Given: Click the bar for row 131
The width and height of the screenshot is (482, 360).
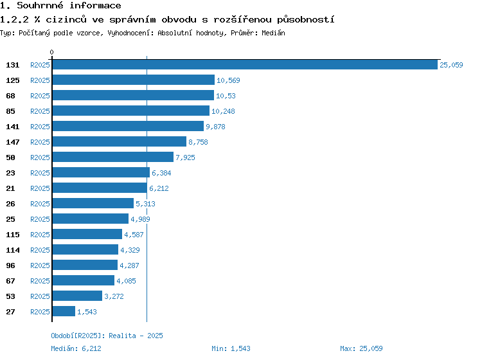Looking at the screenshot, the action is (x=245, y=64).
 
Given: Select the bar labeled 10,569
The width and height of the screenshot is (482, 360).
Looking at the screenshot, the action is (x=134, y=80).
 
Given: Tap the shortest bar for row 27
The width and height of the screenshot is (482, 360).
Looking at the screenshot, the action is (x=64, y=311).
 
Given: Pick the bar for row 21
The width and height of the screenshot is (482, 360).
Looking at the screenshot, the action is (x=100, y=188).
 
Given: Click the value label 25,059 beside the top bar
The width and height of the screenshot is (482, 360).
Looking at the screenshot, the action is (x=451, y=65).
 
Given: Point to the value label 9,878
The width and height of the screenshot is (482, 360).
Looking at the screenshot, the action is (x=215, y=127).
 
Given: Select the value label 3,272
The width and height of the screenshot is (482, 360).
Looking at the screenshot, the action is (x=114, y=296).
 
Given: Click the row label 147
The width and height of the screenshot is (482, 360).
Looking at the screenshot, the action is (x=13, y=142).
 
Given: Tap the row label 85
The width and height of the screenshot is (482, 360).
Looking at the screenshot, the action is (x=10, y=111).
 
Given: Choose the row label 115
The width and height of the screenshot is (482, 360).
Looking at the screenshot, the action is (x=13, y=235).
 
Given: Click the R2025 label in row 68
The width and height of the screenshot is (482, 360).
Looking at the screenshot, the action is (x=40, y=96).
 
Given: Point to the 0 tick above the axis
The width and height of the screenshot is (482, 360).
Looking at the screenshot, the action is (x=51, y=52).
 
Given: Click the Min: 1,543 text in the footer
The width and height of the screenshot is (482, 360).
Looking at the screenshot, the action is (x=231, y=348).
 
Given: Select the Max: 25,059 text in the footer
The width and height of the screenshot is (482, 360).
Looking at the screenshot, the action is (x=361, y=348).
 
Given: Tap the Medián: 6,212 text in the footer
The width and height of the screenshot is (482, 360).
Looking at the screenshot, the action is (x=76, y=348).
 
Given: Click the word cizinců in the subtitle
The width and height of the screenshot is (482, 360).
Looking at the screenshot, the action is (x=66, y=19).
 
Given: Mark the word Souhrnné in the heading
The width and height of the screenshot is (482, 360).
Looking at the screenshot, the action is (x=40, y=5).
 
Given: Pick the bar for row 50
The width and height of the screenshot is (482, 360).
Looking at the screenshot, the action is (x=113, y=157).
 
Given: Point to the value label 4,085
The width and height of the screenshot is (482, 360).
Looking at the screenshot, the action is (x=127, y=281).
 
